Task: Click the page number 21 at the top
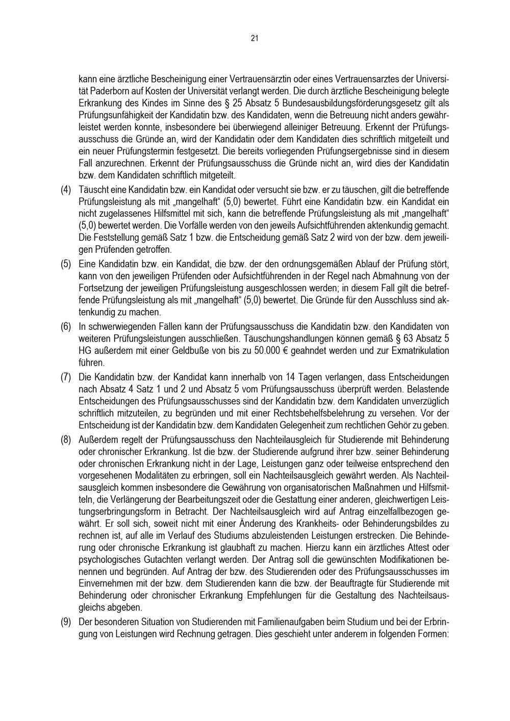[254, 38]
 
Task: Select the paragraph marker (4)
[66, 190]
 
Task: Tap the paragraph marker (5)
[66, 265]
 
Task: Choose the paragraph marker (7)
[66, 377]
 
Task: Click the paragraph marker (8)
[66, 440]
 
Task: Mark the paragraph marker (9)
[66, 623]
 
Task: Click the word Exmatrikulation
[417, 351]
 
